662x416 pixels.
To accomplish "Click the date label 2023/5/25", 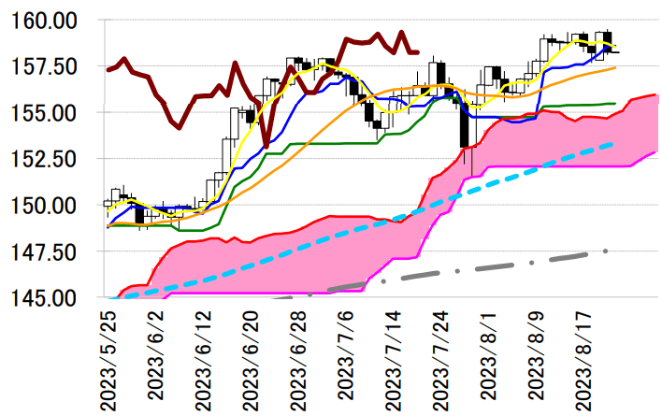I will pos(110,360).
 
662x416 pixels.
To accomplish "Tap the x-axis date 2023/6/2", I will pos(157,355).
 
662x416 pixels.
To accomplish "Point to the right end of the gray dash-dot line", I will pos(607,251).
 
